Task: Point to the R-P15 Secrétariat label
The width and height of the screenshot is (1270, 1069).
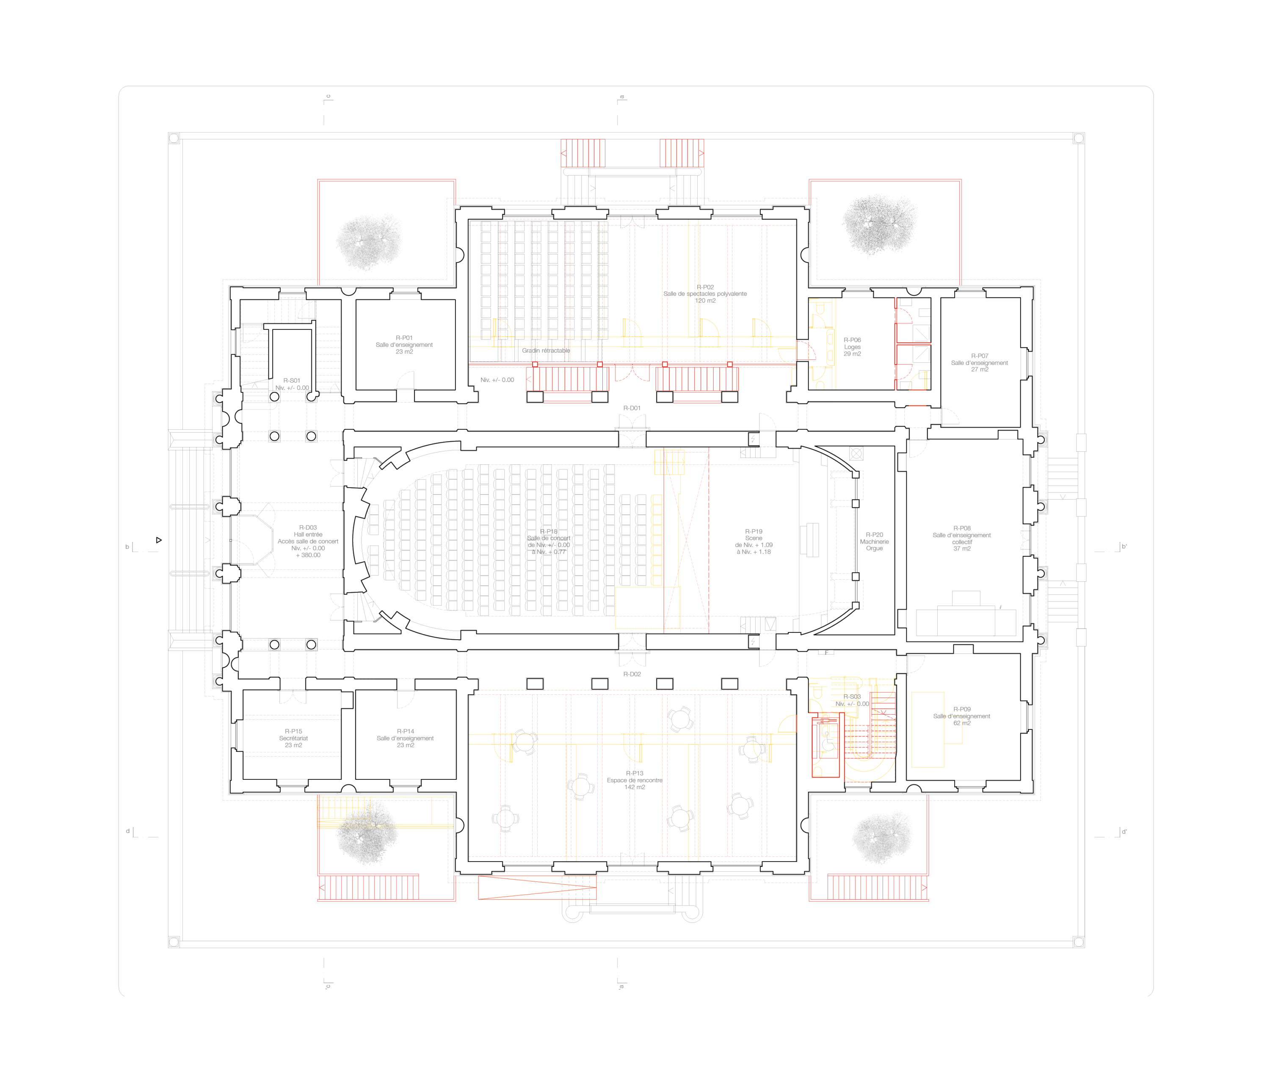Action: pyautogui.click(x=293, y=738)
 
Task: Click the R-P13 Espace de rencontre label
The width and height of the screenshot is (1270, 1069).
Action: pyautogui.click(x=635, y=780)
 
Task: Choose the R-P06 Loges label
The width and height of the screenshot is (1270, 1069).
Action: pyautogui.click(x=852, y=347)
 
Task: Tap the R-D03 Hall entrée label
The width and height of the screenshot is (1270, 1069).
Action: pyautogui.click(x=308, y=541)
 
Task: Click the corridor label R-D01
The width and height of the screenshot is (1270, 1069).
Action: pyautogui.click(x=632, y=408)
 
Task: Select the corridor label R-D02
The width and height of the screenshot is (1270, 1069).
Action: pyautogui.click(x=632, y=674)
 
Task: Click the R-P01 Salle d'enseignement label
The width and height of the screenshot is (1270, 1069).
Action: pyautogui.click(x=404, y=345)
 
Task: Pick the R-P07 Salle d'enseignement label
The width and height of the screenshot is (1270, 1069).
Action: pyautogui.click(x=979, y=362)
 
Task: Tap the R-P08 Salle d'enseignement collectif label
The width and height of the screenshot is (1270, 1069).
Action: pyautogui.click(x=961, y=538)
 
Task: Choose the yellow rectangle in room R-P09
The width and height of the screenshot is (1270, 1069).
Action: pyautogui.click(x=928, y=729)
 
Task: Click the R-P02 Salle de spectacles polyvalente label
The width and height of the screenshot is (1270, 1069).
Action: pyautogui.click(x=705, y=294)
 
